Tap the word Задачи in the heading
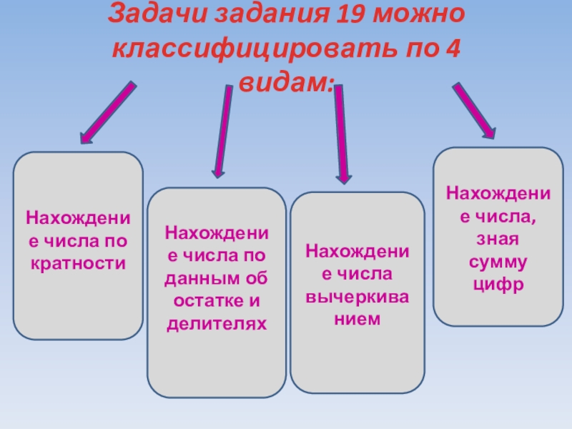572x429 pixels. click(x=151, y=15)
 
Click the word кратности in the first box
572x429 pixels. click(x=78, y=263)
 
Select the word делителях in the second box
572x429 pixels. click(x=217, y=324)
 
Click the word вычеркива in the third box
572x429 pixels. click(x=357, y=296)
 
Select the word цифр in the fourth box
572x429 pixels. click(x=498, y=285)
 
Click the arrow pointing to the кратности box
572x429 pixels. click(x=107, y=112)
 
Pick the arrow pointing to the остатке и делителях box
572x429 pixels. click(x=222, y=132)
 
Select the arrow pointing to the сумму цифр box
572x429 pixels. click(x=473, y=111)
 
